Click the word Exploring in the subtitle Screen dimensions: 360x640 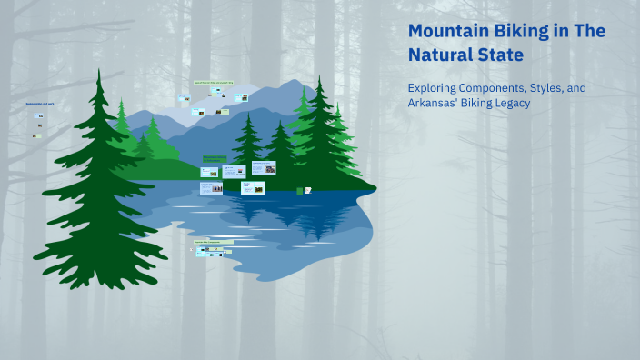(435, 87)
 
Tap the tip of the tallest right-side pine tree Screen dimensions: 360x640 (320, 77)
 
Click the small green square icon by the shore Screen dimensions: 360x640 (300, 190)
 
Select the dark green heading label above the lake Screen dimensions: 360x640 (215, 158)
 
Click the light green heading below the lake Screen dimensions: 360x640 (212, 242)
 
